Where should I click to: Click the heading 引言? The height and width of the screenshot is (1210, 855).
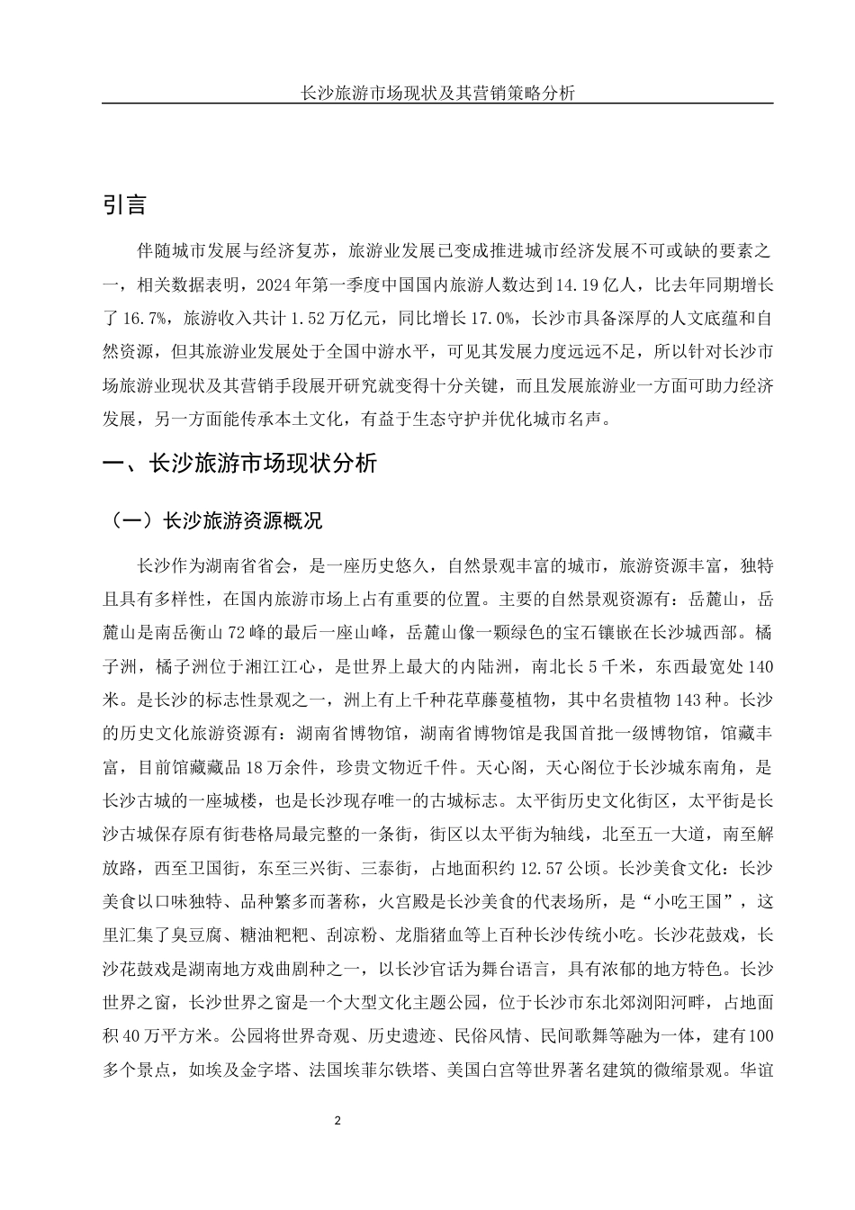coord(124,204)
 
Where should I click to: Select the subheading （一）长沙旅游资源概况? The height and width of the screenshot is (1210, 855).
coord(213,521)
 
